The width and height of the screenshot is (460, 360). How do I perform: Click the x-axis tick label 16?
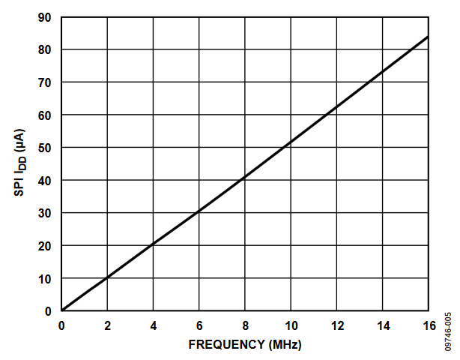[428, 325]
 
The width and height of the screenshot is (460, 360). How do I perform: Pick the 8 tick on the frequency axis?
[244, 325]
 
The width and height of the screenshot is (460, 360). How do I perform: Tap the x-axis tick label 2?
[107, 325]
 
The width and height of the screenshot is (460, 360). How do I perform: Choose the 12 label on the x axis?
[336, 325]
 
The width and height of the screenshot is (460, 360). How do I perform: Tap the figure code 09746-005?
[447, 330]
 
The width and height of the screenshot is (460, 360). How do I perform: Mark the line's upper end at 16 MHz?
[428, 36]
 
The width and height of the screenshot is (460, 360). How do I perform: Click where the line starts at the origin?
[62, 310]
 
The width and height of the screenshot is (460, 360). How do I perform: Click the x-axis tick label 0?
[62, 325]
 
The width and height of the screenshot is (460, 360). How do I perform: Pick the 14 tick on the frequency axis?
[382, 325]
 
